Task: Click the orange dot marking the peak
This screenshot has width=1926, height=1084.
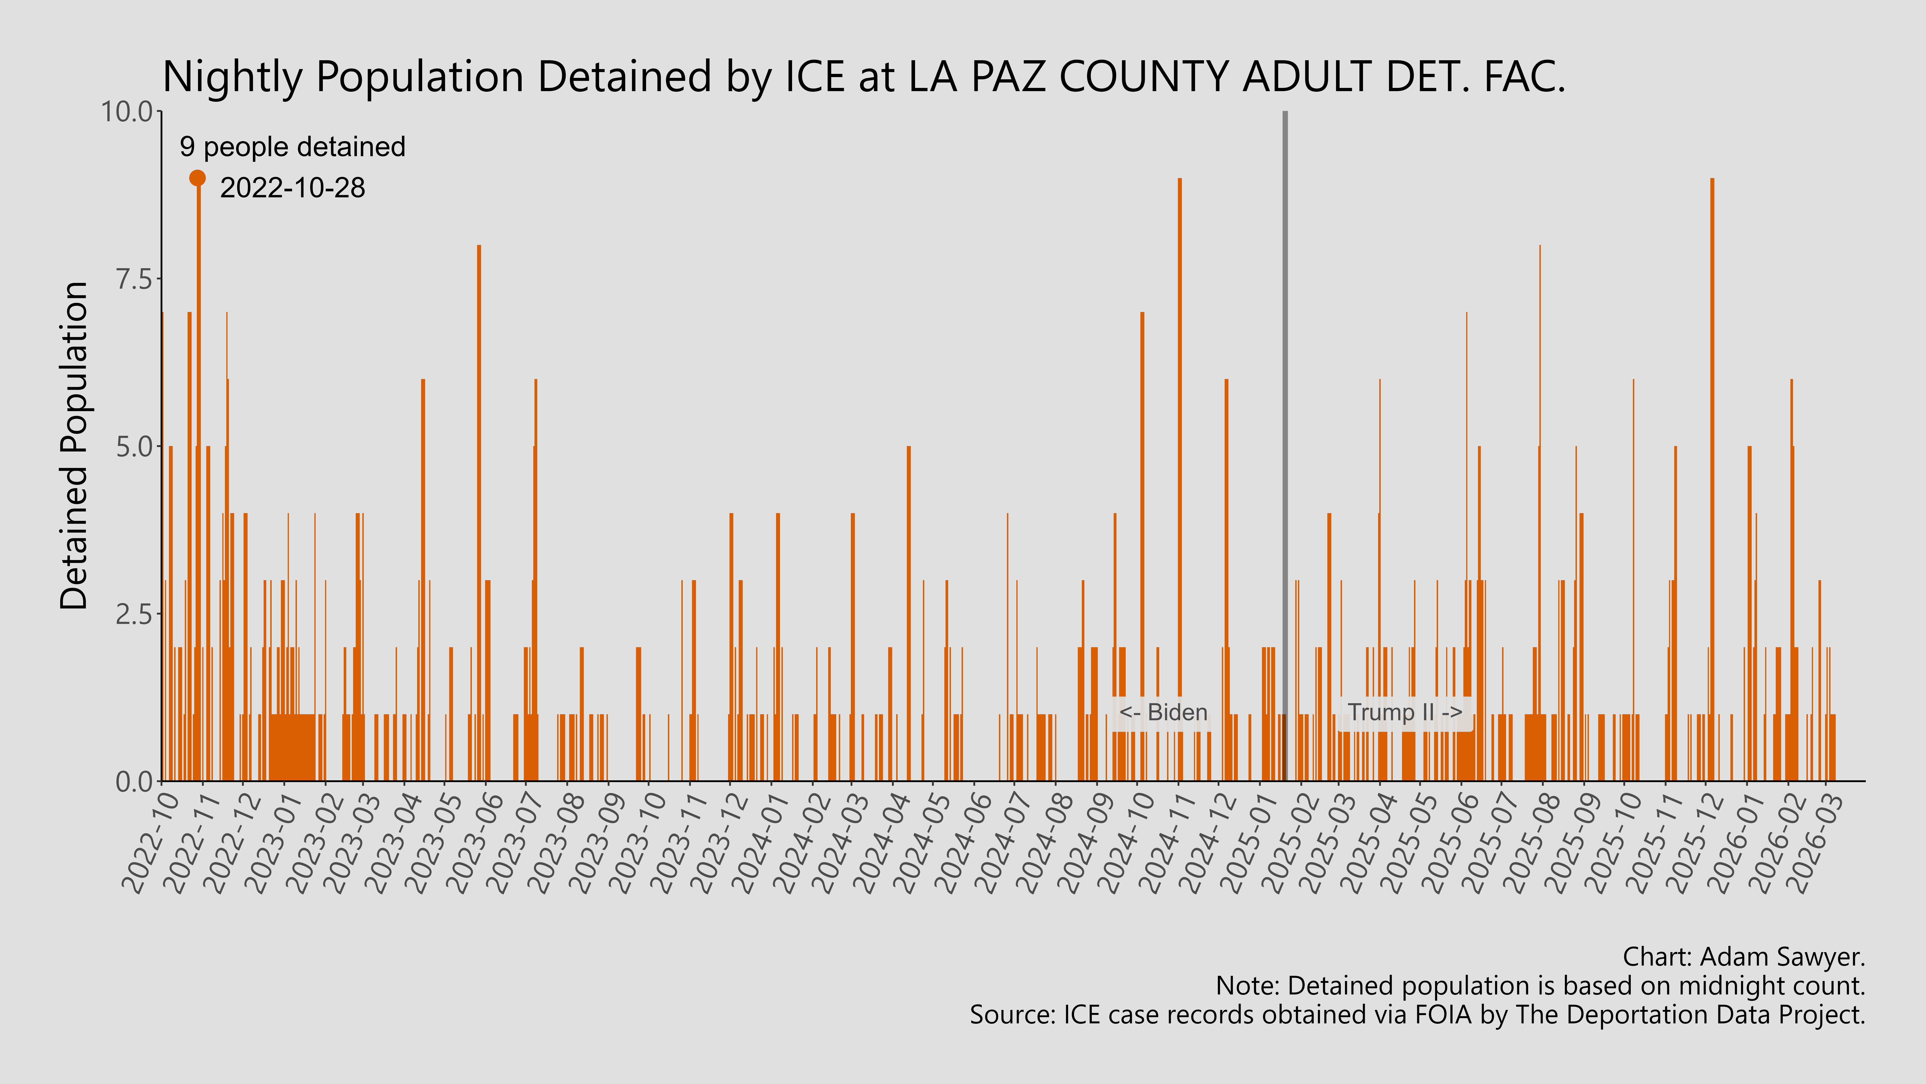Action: [x=197, y=178]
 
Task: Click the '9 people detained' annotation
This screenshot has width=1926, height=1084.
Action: [x=292, y=147]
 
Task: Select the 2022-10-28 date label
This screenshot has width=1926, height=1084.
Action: [x=292, y=188]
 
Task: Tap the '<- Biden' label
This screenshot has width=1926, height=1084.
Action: [x=1163, y=712]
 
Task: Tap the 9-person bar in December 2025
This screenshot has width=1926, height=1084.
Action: [x=1712, y=479]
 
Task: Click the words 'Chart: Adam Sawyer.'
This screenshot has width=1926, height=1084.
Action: [x=1744, y=957]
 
